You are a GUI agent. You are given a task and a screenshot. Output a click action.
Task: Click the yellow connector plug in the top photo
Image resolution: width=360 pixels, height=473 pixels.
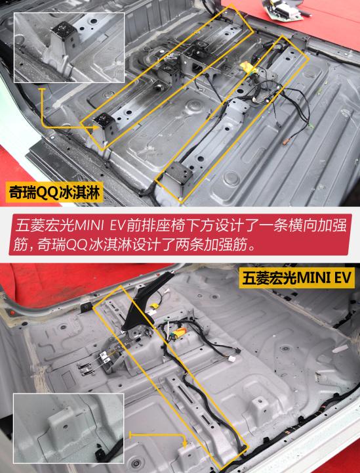248,68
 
